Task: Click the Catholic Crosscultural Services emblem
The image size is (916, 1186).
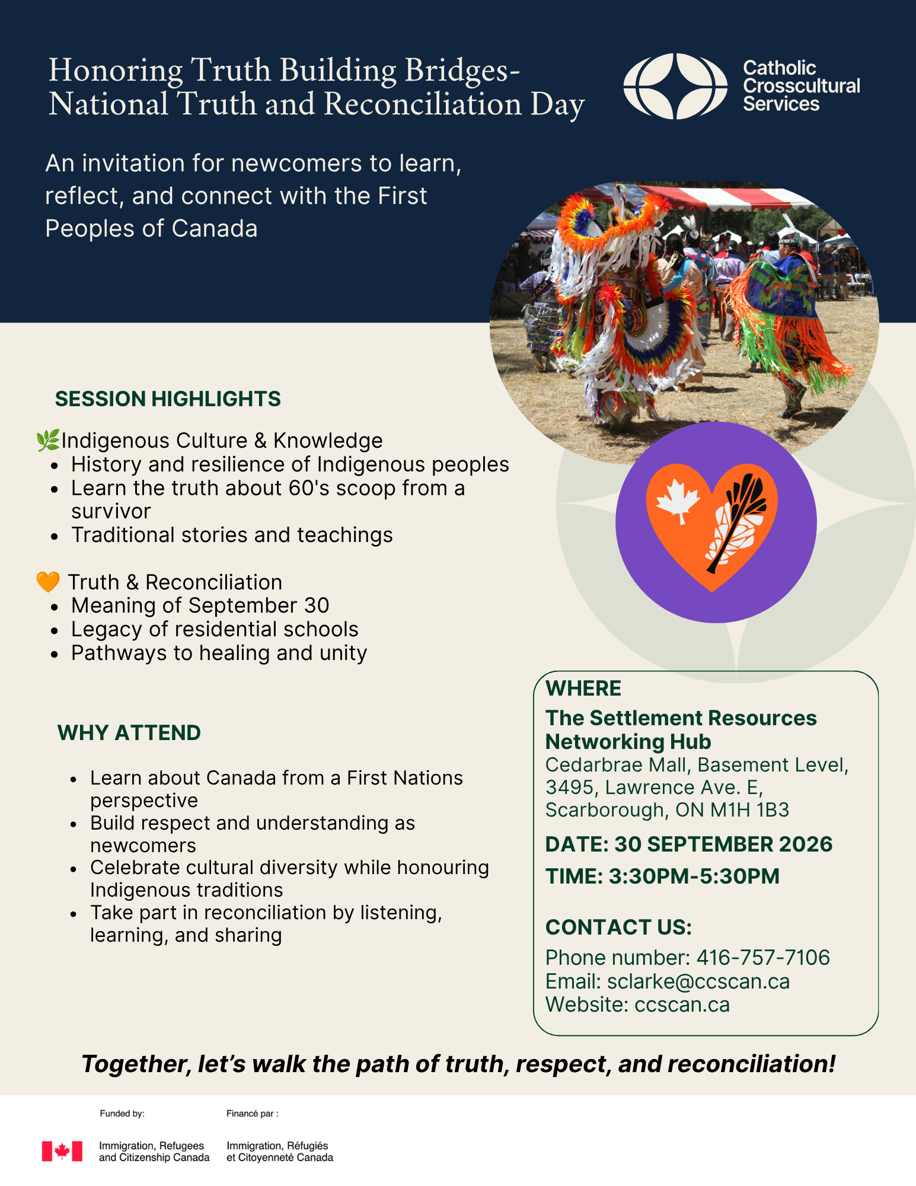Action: [x=675, y=86]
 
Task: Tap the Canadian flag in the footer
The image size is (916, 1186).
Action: [x=62, y=1151]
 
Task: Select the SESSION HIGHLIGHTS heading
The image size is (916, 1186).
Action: [x=168, y=399]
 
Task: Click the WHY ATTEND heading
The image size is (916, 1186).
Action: [x=129, y=733]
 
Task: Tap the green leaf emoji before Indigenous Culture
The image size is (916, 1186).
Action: [x=48, y=441]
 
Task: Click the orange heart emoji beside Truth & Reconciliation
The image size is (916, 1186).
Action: [x=48, y=582]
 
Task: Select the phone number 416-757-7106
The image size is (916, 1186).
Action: [x=763, y=957]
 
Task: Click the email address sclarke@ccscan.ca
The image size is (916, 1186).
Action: [x=698, y=981]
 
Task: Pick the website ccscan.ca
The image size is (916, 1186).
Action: [x=682, y=1005]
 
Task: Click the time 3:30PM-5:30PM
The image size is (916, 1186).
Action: [x=694, y=876]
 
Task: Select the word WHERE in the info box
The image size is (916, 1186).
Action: [x=583, y=688]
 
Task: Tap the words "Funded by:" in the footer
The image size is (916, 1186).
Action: [x=122, y=1114]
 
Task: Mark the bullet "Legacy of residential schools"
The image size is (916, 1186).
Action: [x=215, y=629]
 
